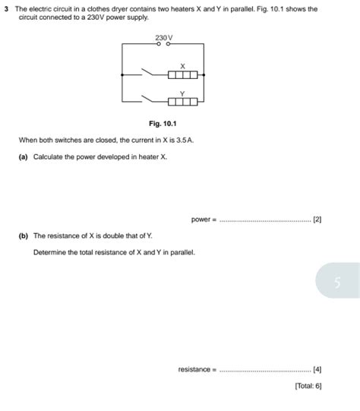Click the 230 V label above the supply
[164, 36]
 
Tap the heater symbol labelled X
[183, 74]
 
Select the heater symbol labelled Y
[183, 101]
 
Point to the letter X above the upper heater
[182, 65]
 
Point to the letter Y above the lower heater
[182, 93]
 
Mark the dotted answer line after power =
[265, 220]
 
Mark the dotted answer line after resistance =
[265, 370]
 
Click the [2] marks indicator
[317, 220]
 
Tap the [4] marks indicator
[317, 369]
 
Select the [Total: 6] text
[308, 387]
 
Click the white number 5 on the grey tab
[338, 283]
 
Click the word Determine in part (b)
[50, 251]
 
